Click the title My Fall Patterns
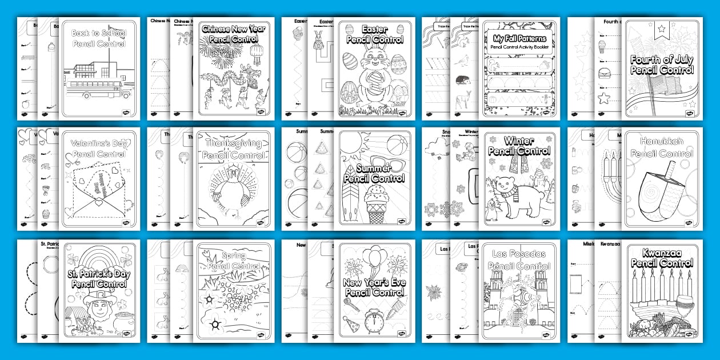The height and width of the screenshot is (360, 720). click(x=519, y=39)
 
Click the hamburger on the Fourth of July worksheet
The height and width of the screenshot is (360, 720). click(x=603, y=74)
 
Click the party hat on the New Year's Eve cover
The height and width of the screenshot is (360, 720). click(x=352, y=324)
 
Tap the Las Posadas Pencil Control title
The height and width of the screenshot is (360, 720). click(x=519, y=260)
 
